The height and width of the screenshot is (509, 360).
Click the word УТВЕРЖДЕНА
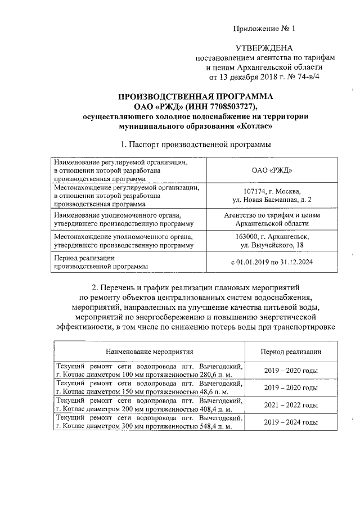coord(264,49)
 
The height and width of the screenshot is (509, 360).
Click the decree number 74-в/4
coord(306,77)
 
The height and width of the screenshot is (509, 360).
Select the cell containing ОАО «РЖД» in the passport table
coord(273,169)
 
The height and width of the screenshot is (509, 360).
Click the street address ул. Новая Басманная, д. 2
coord(272,200)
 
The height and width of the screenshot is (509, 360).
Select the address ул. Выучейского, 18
coord(272,245)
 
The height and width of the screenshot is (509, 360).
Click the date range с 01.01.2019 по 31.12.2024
coord(272,262)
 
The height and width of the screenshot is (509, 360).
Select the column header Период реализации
coord(291,352)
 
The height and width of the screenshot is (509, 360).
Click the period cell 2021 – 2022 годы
coord(291,405)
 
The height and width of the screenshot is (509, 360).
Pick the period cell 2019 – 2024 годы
coord(291,421)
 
